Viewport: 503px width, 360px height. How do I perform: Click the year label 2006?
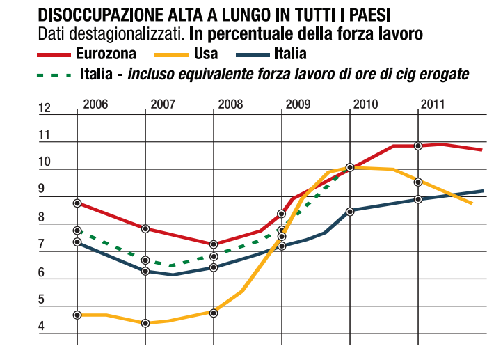95,104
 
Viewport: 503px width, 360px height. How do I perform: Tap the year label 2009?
298,104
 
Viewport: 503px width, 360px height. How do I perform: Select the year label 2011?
432,104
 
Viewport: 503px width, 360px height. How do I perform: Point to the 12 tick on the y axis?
45,108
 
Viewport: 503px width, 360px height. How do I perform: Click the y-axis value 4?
42,327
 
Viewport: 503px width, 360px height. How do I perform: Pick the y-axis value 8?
42,218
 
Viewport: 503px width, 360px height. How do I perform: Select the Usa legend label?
205,53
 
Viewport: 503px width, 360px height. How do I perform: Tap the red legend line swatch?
54,54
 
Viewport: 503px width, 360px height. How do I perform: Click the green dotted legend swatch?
54,73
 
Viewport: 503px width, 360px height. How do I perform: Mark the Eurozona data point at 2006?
77,203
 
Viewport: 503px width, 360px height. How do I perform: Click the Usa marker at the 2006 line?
77,315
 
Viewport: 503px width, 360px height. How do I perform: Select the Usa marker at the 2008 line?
214,313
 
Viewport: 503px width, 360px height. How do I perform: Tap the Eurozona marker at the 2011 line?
418,146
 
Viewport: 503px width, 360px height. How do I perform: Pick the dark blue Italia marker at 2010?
350,211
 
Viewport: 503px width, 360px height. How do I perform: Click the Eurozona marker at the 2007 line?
145,229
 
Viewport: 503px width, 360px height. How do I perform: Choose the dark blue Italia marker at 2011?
418,199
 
